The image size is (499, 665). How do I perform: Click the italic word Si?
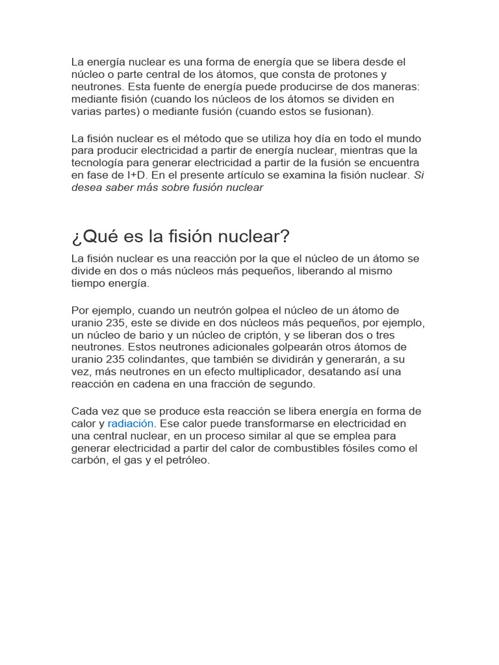pyautogui.click(x=419, y=175)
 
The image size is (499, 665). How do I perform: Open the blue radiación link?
pyautogui.click(x=131, y=423)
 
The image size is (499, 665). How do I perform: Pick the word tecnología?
pyautogui.click(x=97, y=163)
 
